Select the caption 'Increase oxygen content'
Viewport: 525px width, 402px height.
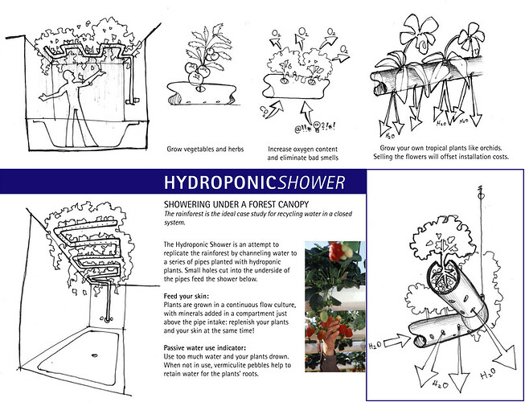click(301, 150)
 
